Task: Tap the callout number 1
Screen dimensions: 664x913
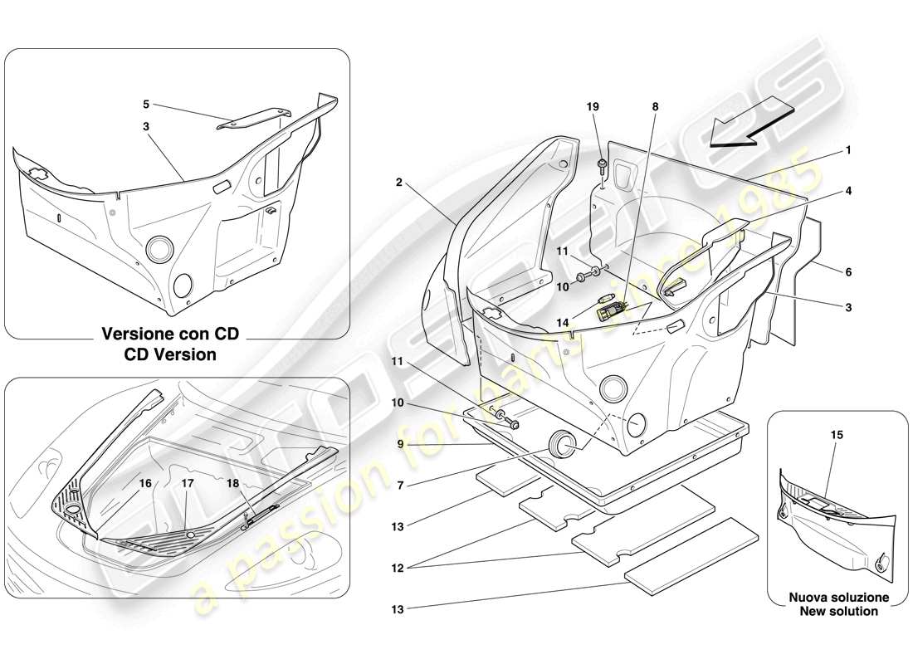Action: point(848,151)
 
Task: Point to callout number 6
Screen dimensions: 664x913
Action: point(848,271)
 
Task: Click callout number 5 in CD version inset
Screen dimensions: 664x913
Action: point(145,105)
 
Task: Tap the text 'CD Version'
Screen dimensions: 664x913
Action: point(169,354)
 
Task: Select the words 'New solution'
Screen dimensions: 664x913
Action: point(838,612)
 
